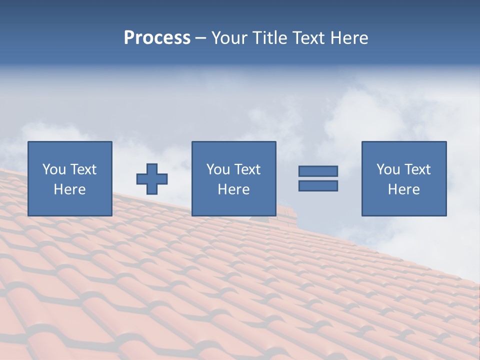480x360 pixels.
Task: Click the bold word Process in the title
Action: point(157,38)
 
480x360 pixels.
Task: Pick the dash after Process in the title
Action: point(201,38)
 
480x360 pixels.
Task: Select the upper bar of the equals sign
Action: point(318,171)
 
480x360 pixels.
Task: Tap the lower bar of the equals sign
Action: point(318,186)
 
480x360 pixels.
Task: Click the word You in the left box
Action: point(54,169)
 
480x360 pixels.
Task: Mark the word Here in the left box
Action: point(69,189)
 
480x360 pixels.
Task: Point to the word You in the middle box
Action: point(218,169)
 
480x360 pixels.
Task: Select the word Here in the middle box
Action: point(233,189)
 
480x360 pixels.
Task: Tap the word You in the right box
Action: point(388,169)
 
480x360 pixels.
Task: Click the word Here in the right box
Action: point(403,189)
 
